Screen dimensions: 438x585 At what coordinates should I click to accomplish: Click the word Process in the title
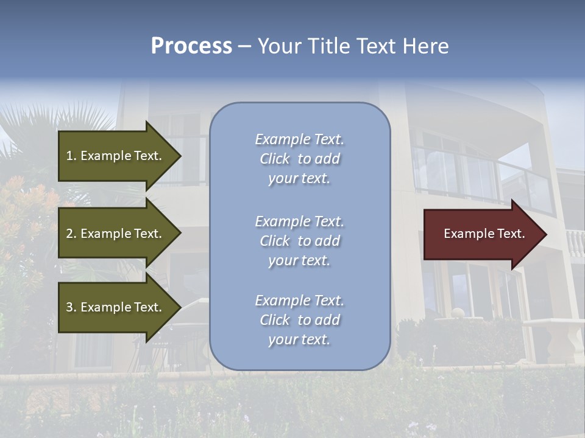click(191, 46)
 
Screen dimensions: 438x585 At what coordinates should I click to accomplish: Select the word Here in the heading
click(425, 46)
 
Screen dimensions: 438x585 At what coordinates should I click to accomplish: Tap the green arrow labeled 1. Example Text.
click(116, 156)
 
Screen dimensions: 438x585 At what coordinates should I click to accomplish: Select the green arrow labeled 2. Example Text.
click(116, 234)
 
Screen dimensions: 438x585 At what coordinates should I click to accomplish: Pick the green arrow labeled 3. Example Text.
click(116, 307)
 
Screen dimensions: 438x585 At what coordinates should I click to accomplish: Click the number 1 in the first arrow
click(69, 156)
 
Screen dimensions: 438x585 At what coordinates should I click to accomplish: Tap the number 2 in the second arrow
click(69, 234)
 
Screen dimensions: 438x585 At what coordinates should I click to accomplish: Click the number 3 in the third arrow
click(69, 307)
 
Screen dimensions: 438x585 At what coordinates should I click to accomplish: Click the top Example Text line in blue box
click(299, 139)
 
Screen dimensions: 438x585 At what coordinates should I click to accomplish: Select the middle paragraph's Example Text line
click(299, 221)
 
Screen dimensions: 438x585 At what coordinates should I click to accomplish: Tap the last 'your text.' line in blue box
click(299, 339)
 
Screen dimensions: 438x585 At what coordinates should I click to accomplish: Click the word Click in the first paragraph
click(275, 159)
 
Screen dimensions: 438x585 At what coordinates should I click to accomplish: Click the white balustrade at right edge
click(575, 243)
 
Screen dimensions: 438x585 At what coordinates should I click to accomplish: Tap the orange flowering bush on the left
click(24, 207)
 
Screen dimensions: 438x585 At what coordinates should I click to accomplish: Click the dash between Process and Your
click(244, 46)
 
